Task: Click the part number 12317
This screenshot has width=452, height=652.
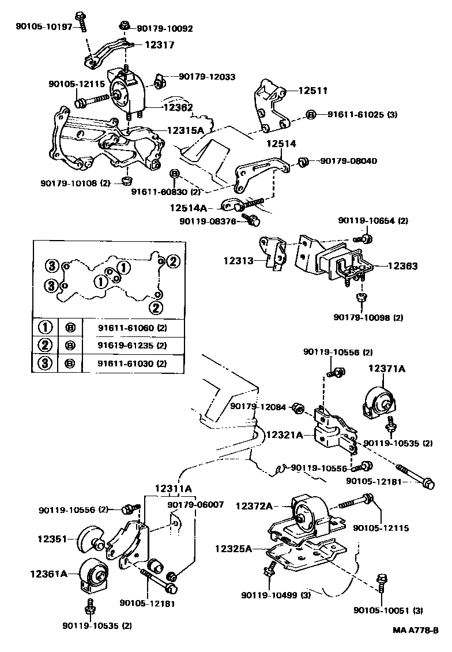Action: [x=159, y=44]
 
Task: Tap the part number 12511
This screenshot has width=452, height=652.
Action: [x=313, y=91]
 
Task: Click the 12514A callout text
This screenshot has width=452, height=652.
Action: [x=188, y=207]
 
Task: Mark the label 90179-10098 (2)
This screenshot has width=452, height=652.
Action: [x=368, y=317]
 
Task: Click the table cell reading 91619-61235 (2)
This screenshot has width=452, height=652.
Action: [x=132, y=346]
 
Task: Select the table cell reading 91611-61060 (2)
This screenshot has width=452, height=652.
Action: [x=132, y=328]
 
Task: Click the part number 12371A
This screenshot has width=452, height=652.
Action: [x=387, y=368]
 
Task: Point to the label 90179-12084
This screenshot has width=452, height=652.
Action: [x=258, y=407]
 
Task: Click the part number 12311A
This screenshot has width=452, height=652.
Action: [x=173, y=489]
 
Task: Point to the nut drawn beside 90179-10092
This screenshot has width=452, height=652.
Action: [x=123, y=27]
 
